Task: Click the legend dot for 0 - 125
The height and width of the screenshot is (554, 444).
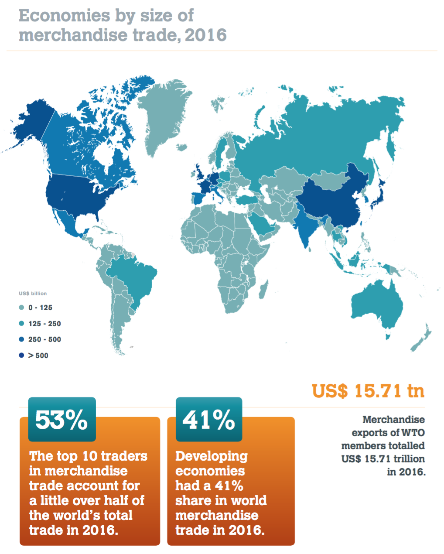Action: click(21, 308)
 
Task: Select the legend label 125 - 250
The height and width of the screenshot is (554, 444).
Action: click(44, 324)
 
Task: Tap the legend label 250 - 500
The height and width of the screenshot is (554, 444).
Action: click(44, 339)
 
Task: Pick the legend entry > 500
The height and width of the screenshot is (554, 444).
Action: click(38, 356)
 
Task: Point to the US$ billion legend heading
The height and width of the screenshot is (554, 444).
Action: click(33, 294)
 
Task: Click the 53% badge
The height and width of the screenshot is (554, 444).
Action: click(61, 419)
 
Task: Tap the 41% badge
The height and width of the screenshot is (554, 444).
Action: click(209, 419)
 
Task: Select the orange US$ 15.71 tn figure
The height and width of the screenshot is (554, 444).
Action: click(368, 390)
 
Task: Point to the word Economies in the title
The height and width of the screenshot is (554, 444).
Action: click(64, 16)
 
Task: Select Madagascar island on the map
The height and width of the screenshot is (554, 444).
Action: click(263, 290)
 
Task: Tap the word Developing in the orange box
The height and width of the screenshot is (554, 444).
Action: click(211, 456)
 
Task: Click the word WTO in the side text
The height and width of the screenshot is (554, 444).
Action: click(413, 433)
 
